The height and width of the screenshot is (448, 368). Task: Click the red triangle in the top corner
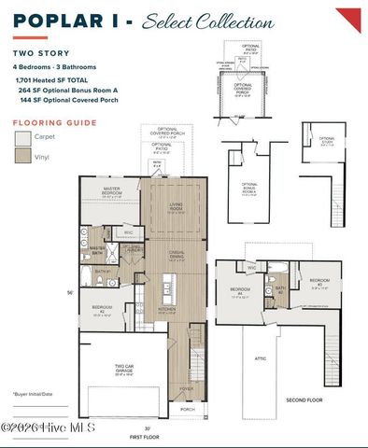point(350,17)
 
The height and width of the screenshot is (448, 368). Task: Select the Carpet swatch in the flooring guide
point(23,138)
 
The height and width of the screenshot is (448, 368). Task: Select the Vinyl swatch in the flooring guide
point(23,159)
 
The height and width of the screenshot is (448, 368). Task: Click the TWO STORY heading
point(37,55)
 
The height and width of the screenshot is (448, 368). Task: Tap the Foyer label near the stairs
point(187,390)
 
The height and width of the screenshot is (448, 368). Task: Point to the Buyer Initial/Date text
point(35,395)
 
